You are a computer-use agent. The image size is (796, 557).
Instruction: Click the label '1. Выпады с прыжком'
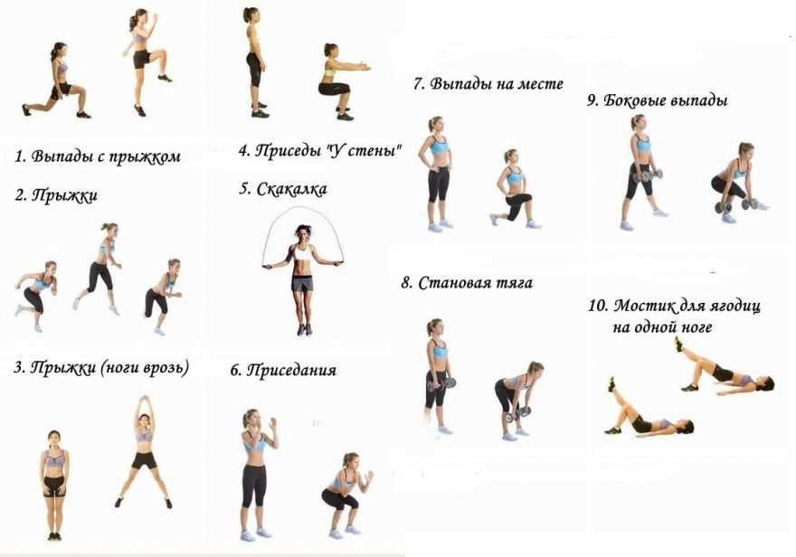point(98,156)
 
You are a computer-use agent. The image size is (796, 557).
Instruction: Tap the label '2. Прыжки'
point(56,195)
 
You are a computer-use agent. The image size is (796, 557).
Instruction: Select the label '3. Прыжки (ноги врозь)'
point(101,367)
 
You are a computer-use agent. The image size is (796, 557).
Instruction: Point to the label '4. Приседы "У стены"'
point(320,151)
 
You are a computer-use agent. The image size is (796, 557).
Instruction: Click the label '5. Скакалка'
point(283,189)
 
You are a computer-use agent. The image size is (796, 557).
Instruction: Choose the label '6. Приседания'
point(283,370)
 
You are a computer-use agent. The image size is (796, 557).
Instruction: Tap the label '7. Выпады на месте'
point(488,84)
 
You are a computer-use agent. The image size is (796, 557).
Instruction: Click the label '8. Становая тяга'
point(467,282)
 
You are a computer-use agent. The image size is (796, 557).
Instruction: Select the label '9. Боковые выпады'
point(658,100)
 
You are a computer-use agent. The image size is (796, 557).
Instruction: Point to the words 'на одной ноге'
point(662,327)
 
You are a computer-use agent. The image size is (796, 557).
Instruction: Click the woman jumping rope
point(303,279)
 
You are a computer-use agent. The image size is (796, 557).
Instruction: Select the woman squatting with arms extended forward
point(341,81)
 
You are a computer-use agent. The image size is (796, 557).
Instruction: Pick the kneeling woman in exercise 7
point(514,189)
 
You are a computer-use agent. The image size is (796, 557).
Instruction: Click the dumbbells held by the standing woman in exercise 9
point(647,176)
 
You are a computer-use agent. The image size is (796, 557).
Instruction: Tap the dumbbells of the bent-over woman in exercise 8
point(517,414)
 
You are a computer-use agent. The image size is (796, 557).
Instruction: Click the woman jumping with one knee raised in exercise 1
point(146,61)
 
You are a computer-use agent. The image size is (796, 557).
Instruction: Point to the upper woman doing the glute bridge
point(724,369)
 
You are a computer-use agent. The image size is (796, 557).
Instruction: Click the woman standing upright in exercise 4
point(256,62)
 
